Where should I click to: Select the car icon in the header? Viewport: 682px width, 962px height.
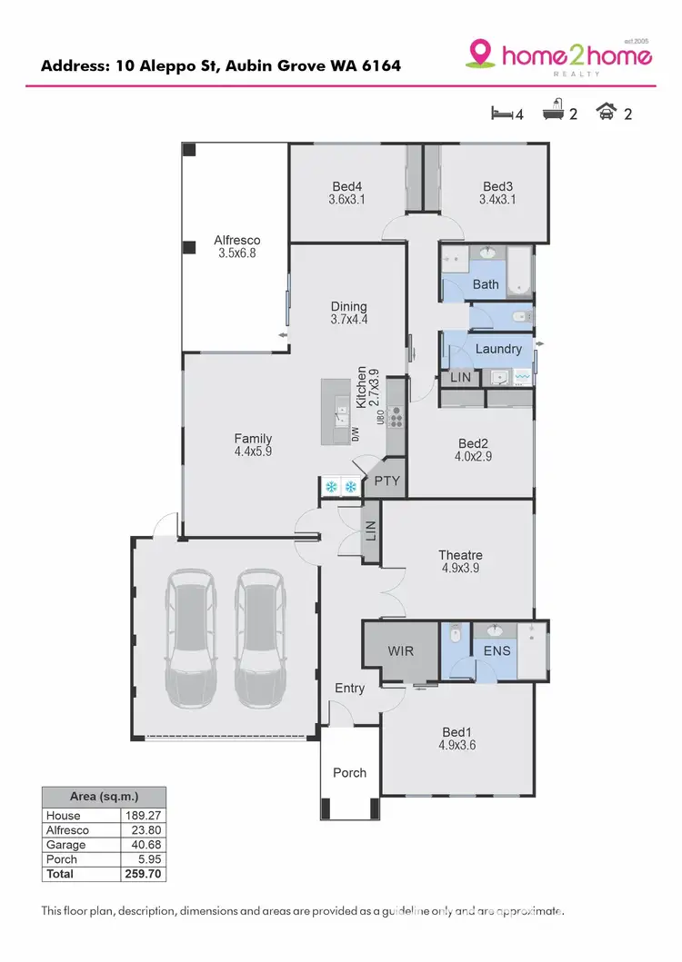[x=605, y=113]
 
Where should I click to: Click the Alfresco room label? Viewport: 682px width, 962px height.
[x=236, y=241]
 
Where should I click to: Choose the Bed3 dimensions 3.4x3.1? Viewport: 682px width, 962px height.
[x=497, y=200]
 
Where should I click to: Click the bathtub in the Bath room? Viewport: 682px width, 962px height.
[x=519, y=270]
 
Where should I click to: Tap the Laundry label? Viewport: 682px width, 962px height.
[x=498, y=349]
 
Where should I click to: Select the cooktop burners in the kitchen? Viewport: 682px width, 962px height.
[x=396, y=417]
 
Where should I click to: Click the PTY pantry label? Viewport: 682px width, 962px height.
[x=386, y=481]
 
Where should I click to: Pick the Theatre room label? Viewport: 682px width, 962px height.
[x=460, y=555]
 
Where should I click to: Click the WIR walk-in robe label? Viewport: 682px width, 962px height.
[x=401, y=650]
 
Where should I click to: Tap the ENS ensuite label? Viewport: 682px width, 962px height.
[x=496, y=650]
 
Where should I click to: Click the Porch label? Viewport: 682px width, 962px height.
[x=349, y=772]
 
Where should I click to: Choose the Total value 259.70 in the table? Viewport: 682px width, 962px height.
[x=143, y=873]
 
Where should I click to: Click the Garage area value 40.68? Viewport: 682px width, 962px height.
[x=143, y=844]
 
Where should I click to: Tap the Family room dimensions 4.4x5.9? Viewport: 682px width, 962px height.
[x=253, y=451]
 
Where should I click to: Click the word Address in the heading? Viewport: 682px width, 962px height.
[x=74, y=66]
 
